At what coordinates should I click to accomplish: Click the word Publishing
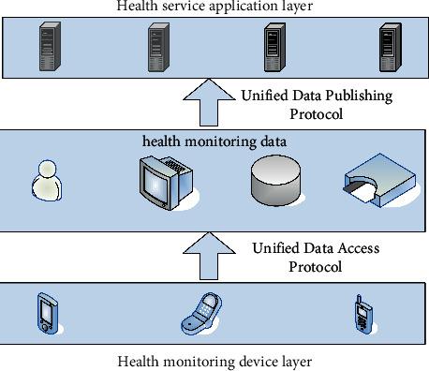coord(357,95)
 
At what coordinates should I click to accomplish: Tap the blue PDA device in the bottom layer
coord(46,313)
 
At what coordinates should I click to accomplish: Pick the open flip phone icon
coord(200,315)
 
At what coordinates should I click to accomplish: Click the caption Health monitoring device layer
coord(214,361)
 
